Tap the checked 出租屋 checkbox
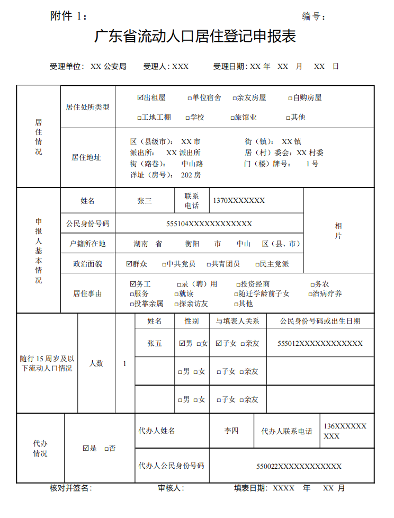click(x=140, y=97)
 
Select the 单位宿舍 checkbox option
click(x=190, y=98)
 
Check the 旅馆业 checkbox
click(x=232, y=118)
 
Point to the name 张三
click(x=144, y=201)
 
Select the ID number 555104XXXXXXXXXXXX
click(x=209, y=224)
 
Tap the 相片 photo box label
click(x=338, y=230)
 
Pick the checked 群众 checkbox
click(x=129, y=264)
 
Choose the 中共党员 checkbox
click(x=164, y=264)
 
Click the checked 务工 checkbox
click(x=133, y=284)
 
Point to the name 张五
click(x=154, y=343)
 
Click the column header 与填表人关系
click(x=237, y=321)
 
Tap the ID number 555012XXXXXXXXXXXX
click(x=320, y=343)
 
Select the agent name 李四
click(x=231, y=431)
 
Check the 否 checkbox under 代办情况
click(x=106, y=449)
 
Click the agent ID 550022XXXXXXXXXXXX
click(x=299, y=466)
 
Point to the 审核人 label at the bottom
click(x=171, y=488)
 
